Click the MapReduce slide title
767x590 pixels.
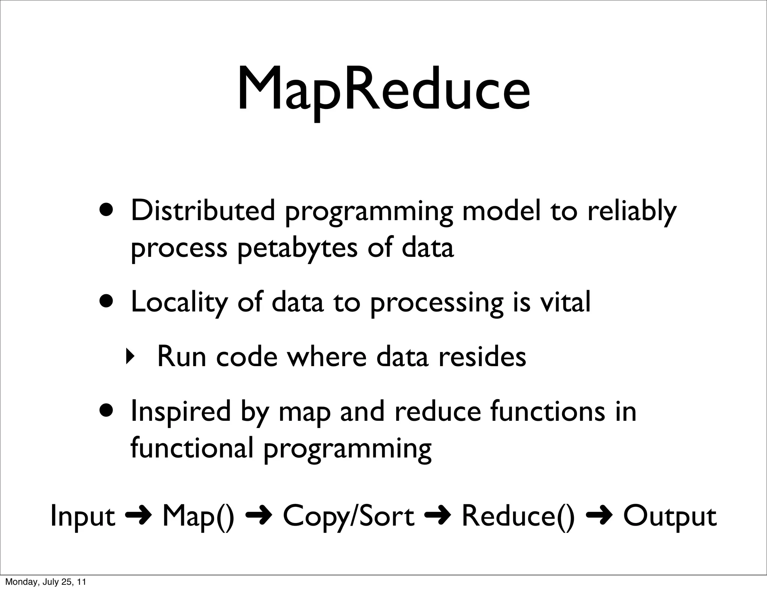(383, 90)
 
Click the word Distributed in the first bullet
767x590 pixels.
(203, 211)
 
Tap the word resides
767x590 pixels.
(482, 357)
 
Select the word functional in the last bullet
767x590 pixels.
(192, 448)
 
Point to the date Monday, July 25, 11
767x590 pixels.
(45, 582)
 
